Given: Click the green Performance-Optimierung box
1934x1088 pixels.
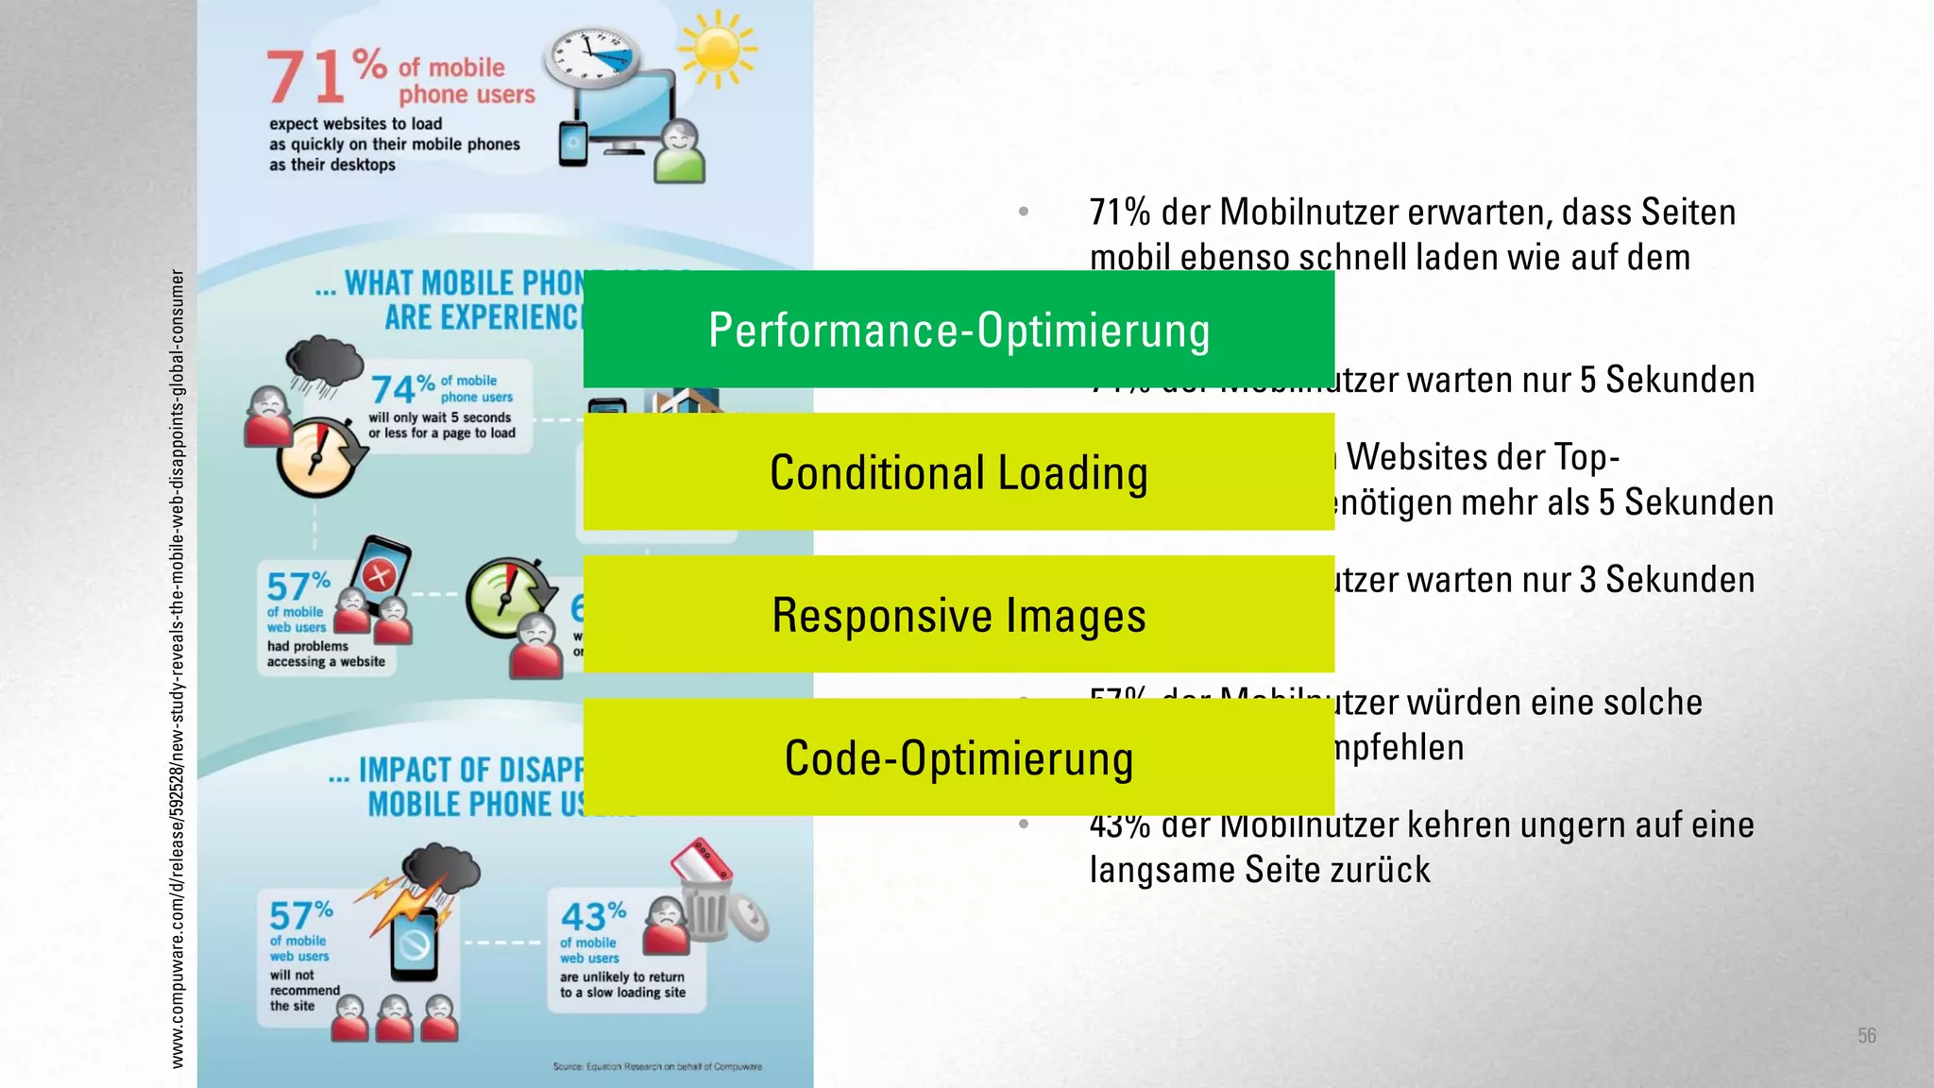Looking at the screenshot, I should (959, 330).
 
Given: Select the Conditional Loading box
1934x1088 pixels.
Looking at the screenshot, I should (959, 472).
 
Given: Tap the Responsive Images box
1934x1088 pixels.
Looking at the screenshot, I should (959, 615).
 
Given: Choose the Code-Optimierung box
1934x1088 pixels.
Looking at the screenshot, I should (959, 757).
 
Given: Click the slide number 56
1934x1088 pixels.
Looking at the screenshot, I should (1866, 1035).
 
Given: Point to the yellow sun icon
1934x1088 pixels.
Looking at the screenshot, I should (718, 49).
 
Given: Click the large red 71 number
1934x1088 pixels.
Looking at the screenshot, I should (305, 77).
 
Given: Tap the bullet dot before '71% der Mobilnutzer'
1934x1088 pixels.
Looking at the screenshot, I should (1024, 212).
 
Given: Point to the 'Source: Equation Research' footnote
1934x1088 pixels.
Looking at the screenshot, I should (657, 1066).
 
